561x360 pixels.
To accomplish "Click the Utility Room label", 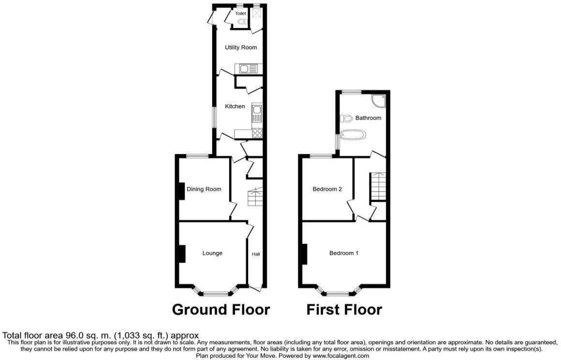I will (240, 47).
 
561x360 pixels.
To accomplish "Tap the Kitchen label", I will (235, 106).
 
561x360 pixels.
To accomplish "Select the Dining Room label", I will (204, 189).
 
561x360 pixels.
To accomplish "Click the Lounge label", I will (212, 253).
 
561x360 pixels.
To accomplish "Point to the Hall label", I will (256, 254).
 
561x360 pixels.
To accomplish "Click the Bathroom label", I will (369, 118).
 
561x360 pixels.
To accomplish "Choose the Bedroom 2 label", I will (327, 189).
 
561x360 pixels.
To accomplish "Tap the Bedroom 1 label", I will (344, 253).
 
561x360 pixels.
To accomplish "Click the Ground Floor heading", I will (221, 310).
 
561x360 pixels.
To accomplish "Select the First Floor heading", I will (344, 310).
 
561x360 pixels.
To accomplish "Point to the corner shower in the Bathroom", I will (379, 100).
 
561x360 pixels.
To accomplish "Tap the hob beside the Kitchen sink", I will (257, 133).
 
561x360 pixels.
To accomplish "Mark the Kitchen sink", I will (257, 115).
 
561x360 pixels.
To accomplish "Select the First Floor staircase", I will (378, 187).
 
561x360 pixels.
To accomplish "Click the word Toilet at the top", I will (240, 14).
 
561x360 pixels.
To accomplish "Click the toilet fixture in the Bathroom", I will (346, 118).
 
